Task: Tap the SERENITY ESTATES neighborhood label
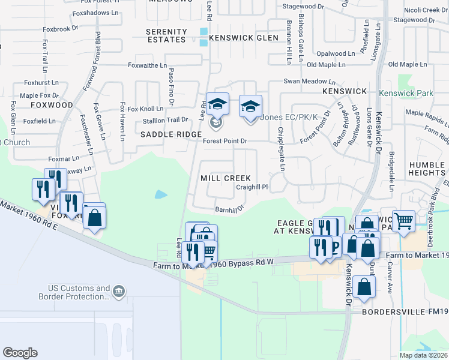pos(166,35)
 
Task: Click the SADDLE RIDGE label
pos(170,135)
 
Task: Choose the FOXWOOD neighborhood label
pos(50,104)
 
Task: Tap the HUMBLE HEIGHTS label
pos(427,169)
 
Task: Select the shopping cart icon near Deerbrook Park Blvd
pos(404,220)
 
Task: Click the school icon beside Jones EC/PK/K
pos(250,106)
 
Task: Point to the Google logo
pos(20,353)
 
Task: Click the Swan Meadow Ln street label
pos(309,81)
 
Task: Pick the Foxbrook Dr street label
pos(61,28)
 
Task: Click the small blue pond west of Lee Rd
pos(161,194)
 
